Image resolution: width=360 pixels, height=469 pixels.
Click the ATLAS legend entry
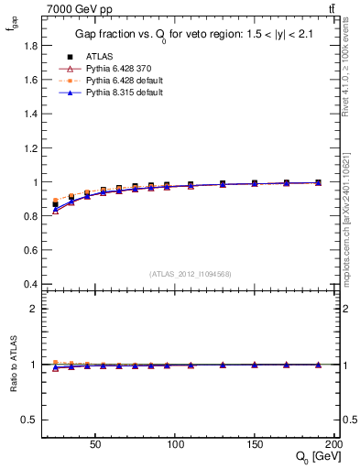tap(99, 56)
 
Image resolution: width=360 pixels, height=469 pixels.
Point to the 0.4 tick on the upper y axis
tap(29, 284)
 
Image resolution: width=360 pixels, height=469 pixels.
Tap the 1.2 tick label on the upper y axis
tap(29, 147)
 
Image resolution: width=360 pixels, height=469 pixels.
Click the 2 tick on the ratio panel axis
tap(33, 309)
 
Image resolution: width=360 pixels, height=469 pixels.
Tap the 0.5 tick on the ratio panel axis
tap(29, 420)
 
